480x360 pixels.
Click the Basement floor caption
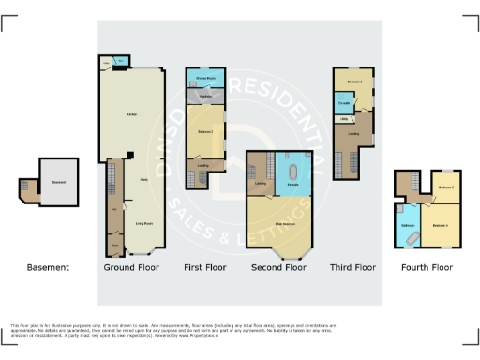point(48,267)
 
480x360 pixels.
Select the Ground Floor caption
point(130,267)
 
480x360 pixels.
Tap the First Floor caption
point(204,267)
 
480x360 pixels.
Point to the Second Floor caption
point(278,267)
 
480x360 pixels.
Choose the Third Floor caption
point(352,267)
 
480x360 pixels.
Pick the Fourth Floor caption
point(427,267)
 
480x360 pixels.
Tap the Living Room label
point(144,223)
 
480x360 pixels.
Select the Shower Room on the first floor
point(204,78)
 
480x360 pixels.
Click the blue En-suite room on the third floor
point(343,102)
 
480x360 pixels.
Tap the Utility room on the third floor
point(344,120)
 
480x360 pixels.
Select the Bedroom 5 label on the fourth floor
point(445,187)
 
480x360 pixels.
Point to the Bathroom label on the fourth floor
point(409,225)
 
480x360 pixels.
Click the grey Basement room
point(59,182)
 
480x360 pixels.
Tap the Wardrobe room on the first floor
point(204,96)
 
